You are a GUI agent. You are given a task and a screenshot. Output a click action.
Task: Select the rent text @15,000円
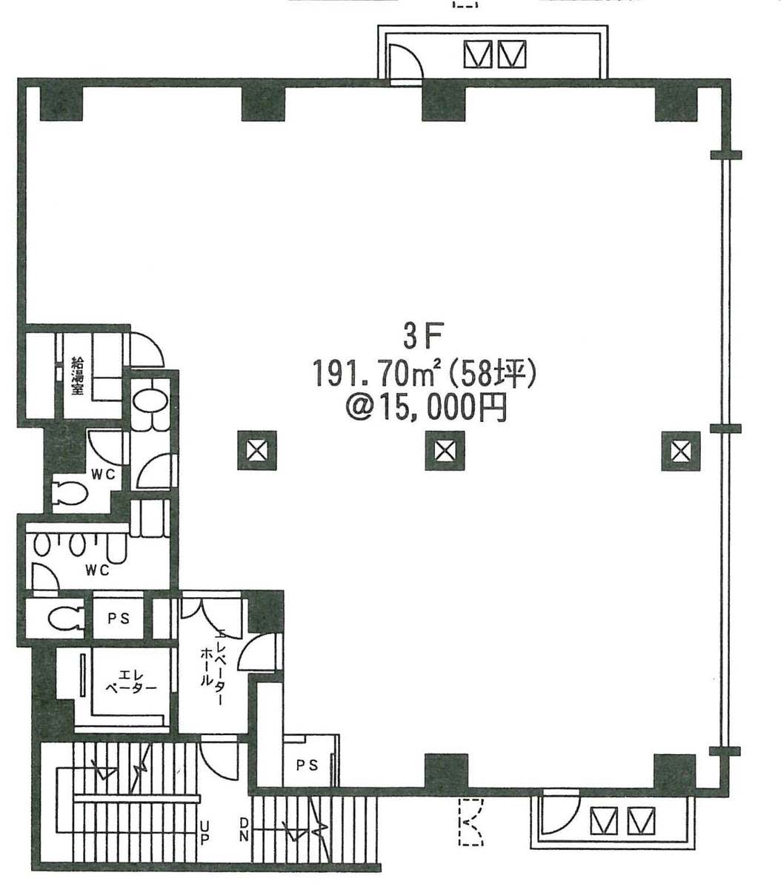(426, 408)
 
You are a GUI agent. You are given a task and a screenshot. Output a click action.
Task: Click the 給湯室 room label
(78, 376)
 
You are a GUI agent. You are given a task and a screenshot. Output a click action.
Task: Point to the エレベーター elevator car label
(131, 682)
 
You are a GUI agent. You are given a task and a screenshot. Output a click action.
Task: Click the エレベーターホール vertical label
(213, 667)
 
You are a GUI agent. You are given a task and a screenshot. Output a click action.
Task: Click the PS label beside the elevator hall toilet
(119, 619)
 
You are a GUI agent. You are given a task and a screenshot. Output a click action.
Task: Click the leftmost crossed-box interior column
(257, 450)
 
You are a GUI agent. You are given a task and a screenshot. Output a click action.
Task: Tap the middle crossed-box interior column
(445, 450)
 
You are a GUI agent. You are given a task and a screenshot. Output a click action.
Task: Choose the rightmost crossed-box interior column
(681, 451)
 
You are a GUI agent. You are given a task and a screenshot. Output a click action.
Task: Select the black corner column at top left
(62, 104)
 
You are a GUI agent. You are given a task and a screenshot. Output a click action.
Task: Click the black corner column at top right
(676, 104)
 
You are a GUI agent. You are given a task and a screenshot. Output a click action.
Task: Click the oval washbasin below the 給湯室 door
(149, 401)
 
